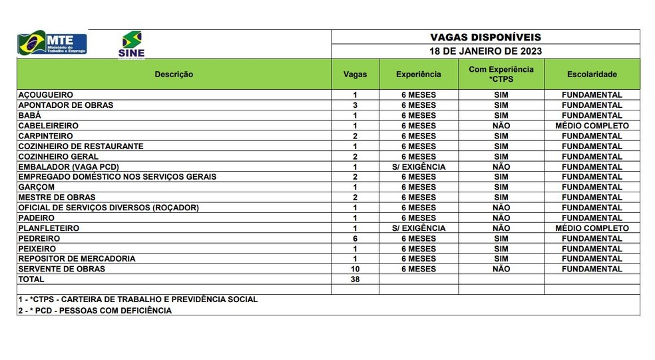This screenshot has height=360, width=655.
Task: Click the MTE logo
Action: click(x=52, y=43)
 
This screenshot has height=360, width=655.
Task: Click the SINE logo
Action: click(x=131, y=44)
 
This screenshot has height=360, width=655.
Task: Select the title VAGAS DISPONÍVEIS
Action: click(x=485, y=37)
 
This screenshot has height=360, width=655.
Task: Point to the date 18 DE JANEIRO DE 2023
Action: click(x=485, y=51)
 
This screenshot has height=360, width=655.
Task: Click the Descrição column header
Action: click(x=174, y=75)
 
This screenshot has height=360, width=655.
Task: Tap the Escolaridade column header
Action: click(x=592, y=75)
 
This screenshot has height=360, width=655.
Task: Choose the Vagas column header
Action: click(x=355, y=75)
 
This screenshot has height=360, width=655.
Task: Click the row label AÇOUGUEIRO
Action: click(x=46, y=95)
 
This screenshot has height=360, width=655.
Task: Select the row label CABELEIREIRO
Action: click(x=49, y=126)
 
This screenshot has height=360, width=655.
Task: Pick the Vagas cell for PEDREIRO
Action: click(x=355, y=238)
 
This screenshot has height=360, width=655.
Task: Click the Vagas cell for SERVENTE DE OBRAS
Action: click(x=355, y=269)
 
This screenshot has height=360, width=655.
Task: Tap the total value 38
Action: click(x=355, y=279)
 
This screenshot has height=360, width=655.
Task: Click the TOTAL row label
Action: click(x=31, y=279)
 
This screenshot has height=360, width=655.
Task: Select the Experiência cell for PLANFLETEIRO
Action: click(x=418, y=228)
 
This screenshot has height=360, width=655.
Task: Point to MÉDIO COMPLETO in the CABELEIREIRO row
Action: click(x=592, y=126)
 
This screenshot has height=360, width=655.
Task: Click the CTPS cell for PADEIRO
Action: click(x=501, y=218)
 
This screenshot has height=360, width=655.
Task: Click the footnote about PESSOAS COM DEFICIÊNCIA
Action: click(x=95, y=310)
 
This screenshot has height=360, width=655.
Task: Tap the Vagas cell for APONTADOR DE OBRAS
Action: click(x=355, y=105)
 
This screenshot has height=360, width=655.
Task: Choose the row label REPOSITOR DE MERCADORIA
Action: click(x=77, y=259)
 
